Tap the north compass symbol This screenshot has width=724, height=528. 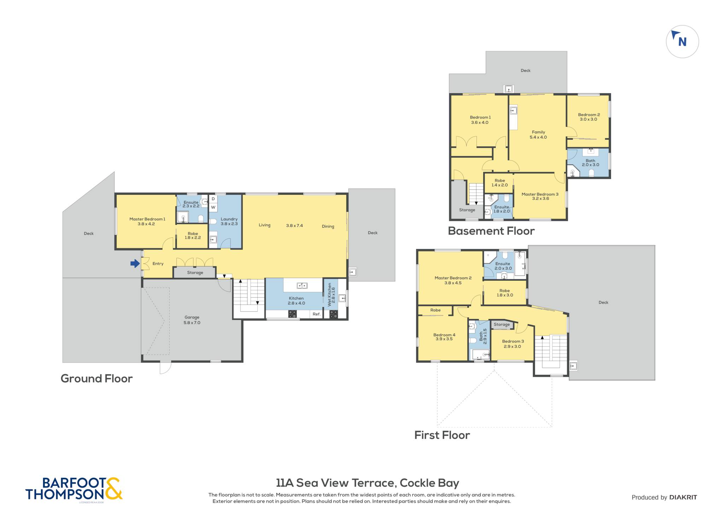click(682, 42)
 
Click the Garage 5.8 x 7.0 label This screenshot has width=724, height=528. click(192, 320)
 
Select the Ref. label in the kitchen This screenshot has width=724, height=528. click(316, 314)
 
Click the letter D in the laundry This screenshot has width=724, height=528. click(213, 199)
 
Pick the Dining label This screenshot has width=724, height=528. click(328, 226)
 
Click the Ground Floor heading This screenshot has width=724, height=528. click(97, 379)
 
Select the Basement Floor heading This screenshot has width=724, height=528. click(491, 231)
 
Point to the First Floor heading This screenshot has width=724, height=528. click(442, 435)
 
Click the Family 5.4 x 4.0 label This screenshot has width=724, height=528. click(538, 135)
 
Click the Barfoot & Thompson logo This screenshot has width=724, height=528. click(74, 489)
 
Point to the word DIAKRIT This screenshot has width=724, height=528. click(683, 497)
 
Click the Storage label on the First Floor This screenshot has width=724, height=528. click(502, 324)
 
